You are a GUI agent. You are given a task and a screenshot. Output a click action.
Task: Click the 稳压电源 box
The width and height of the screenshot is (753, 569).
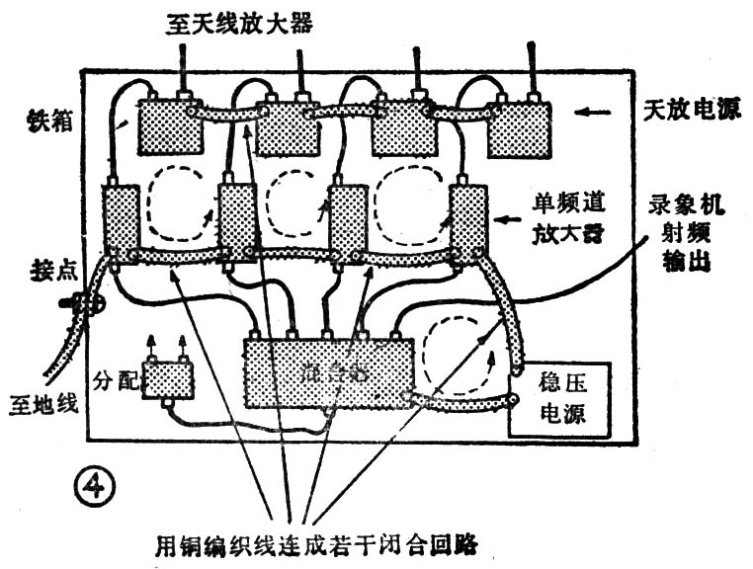[x=560, y=399]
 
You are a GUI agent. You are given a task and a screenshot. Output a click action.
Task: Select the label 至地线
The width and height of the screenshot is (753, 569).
[x=40, y=404]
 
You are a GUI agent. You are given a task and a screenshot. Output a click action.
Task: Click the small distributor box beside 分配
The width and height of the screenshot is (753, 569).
[x=168, y=378]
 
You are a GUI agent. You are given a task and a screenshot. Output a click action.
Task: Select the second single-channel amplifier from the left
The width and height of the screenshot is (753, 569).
[x=237, y=221]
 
